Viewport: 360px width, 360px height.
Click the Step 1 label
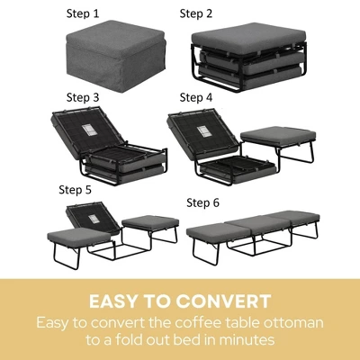coord(84,15)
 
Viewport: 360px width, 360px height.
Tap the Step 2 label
coord(196,13)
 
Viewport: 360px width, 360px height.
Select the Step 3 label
coord(84,96)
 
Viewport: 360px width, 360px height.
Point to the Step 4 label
coord(196,96)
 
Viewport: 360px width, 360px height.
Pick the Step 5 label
coord(76,190)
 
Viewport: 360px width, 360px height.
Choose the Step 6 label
coord(203,203)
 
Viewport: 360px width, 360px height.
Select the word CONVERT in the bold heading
coord(220,299)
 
